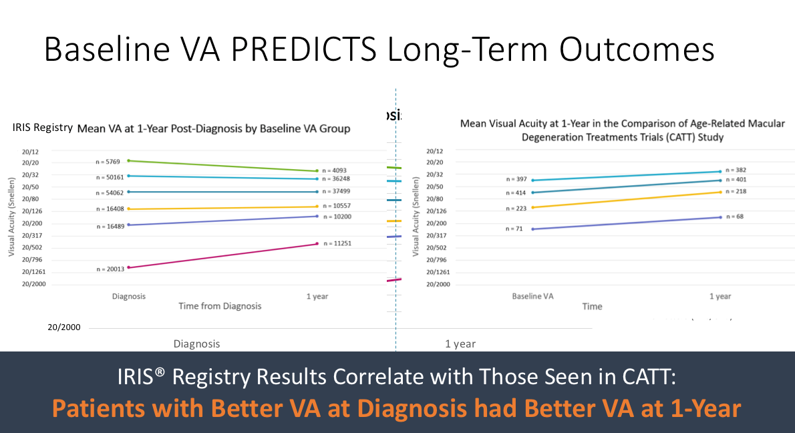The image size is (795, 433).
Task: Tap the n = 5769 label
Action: pyautogui.click(x=109, y=162)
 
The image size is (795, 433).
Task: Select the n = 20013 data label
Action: pyautogui.click(x=110, y=269)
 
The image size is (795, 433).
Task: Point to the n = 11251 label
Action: pyautogui.click(x=337, y=244)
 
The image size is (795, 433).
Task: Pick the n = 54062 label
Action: pyautogui.click(x=110, y=192)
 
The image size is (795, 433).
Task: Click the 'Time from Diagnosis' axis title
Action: pyautogui.click(x=220, y=306)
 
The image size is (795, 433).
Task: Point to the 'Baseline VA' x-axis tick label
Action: pyautogui.click(x=532, y=296)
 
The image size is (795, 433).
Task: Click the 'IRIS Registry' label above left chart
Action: pyautogui.click(x=42, y=128)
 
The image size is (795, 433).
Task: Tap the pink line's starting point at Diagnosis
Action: pyautogui.click(x=128, y=267)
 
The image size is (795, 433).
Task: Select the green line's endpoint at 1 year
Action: pyautogui.click(x=317, y=171)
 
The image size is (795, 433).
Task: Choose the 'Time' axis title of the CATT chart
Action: pyautogui.click(x=592, y=307)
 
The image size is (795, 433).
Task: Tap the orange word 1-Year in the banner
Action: pyautogui.click(x=705, y=408)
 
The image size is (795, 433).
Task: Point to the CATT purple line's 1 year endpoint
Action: pyautogui.click(x=720, y=217)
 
